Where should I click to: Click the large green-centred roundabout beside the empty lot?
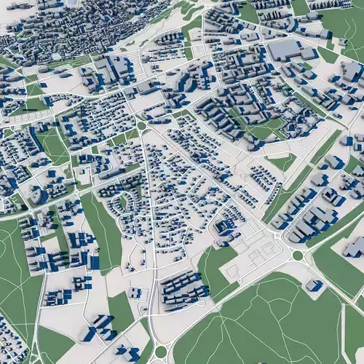click(x=298, y=256)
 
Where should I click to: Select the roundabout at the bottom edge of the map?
click(x=161, y=352)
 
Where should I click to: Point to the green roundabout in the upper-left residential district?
click(x=141, y=125)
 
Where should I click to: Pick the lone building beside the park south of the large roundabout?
click(x=314, y=285)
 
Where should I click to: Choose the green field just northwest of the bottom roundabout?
click(x=121, y=309)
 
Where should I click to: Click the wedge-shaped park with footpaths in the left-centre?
click(x=52, y=145)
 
